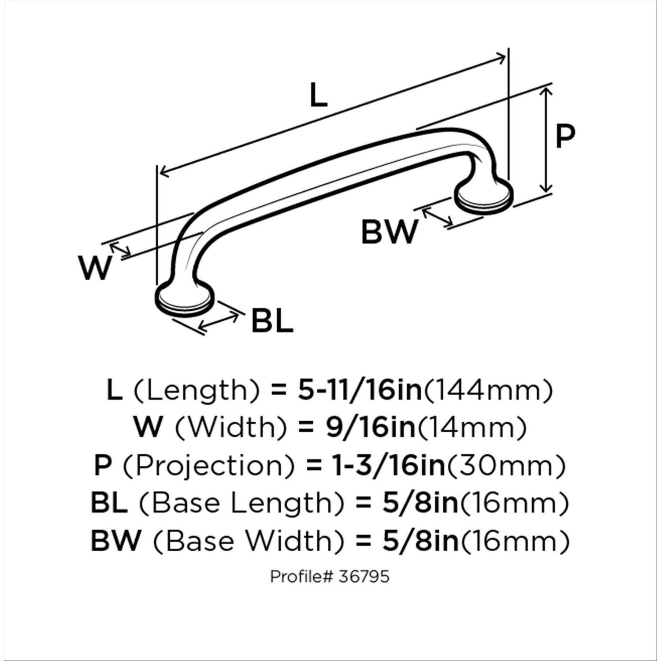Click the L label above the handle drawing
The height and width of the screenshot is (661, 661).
tap(319, 95)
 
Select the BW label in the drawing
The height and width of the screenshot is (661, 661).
tap(389, 232)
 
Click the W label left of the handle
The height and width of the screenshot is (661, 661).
tap(95, 267)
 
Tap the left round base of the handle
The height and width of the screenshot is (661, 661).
tap(185, 301)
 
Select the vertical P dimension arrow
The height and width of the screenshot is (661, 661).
tap(546, 139)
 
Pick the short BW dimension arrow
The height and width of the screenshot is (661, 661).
tap(437, 218)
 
